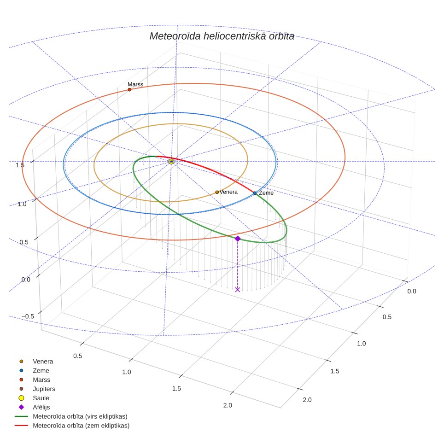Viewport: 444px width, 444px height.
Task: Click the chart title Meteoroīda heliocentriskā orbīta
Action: (x=222, y=36)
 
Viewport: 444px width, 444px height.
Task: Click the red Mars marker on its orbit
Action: (x=129, y=90)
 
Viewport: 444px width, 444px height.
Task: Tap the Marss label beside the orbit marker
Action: (x=135, y=84)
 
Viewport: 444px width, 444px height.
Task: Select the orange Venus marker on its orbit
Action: (x=217, y=192)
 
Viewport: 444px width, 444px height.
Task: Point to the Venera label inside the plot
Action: (x=228, y=192)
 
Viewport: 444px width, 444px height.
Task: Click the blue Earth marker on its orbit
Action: (x=255, y=193)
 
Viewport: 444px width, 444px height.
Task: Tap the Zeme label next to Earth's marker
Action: (x=266, y=193)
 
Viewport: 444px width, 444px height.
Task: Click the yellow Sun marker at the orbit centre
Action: (x=171, y=162)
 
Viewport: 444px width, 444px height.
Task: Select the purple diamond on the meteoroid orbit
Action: (x=238, y=239)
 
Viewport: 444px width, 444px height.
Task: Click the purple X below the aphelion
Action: (x=238, y=289)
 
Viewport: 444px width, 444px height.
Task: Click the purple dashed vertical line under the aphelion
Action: (x=238, y=264)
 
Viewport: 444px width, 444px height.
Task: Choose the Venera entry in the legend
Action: (x=43, y=361)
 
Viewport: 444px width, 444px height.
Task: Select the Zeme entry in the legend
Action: (x=41, y=371)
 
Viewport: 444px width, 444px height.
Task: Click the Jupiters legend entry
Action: (x=44, y=389)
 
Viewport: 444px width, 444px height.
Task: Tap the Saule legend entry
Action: (x=41, y=398)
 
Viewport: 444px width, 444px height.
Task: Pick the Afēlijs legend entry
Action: (x=41, y=407)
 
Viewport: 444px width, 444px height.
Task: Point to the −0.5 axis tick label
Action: (x=28, y=316)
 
